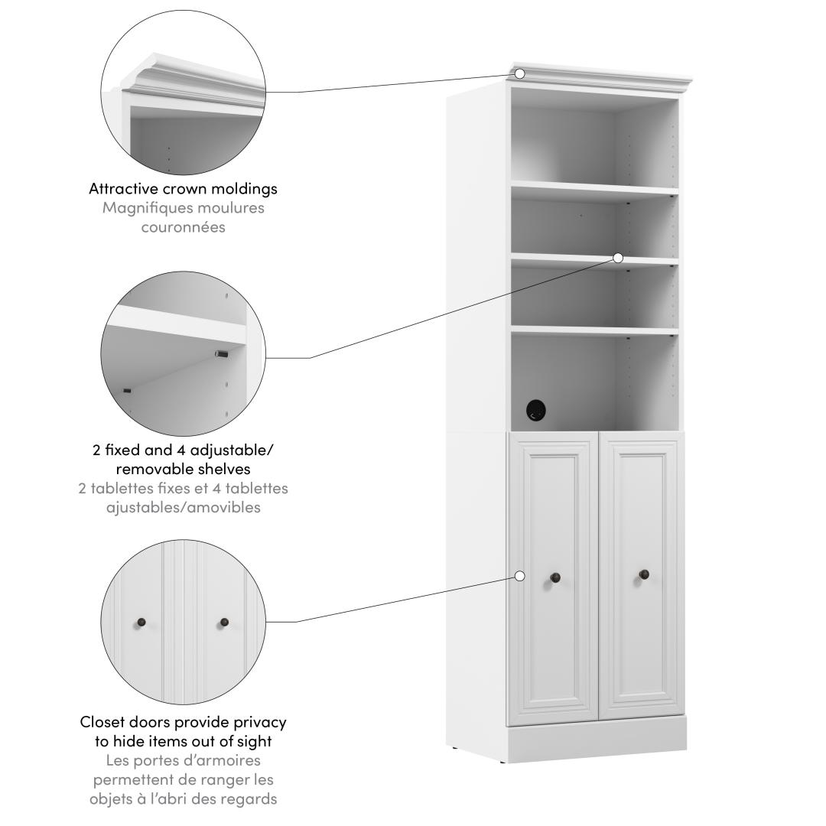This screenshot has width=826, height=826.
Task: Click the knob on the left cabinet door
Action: (x=555, y=578)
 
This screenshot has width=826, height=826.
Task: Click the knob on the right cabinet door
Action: (x=644, y=574)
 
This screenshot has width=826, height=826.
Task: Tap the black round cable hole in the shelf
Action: (x=535, y=411)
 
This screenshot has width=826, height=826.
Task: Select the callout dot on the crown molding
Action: (x=519, y=73)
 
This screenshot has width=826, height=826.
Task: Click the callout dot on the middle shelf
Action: (x=618, y=258)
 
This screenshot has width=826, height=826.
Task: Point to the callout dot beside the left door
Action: (x=519, y=577)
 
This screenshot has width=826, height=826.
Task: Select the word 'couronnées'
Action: (x=184, y=227)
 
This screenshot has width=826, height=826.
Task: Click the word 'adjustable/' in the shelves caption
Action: (x=232, y=450)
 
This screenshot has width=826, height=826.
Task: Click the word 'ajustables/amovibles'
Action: (x=184, y=507)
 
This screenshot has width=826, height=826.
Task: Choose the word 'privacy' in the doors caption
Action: (x=260, y=723)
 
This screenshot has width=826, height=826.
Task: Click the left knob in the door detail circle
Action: (x=141, y=623)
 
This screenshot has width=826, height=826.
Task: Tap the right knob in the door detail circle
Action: (x=224, y=623)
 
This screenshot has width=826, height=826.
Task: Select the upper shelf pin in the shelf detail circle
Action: (x=221, y=354)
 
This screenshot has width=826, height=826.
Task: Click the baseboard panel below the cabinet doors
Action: (x=597, y=739)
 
